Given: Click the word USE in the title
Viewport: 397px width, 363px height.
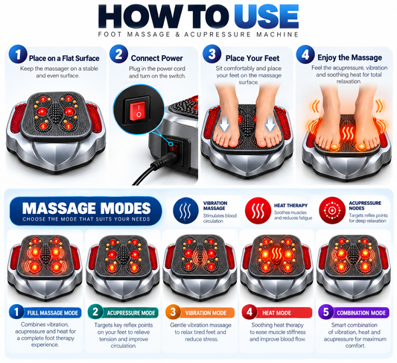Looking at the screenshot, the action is pos(266,16).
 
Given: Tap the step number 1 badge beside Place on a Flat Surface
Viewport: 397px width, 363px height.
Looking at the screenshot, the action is pos(18,54).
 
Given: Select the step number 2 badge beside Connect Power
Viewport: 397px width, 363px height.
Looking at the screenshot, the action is pos(118,54).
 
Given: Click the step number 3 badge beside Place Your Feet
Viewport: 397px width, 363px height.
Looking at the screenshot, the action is pos(212,54).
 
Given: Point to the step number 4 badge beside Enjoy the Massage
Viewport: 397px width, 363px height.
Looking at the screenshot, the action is pos(305,54).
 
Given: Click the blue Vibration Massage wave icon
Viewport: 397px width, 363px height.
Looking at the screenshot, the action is pos(185,211).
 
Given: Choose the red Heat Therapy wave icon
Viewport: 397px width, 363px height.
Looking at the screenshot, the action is pos(258,211).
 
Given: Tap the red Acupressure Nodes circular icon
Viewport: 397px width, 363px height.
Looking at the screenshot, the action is pos(332,210).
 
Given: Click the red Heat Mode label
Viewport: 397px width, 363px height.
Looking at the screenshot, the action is pos(277,312).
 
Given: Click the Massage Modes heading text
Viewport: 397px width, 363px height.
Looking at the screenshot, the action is pos(86,208).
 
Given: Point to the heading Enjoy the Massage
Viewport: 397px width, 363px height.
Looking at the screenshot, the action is pos(349,57).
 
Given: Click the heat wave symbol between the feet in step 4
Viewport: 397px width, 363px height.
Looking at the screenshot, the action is pos(348,133).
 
